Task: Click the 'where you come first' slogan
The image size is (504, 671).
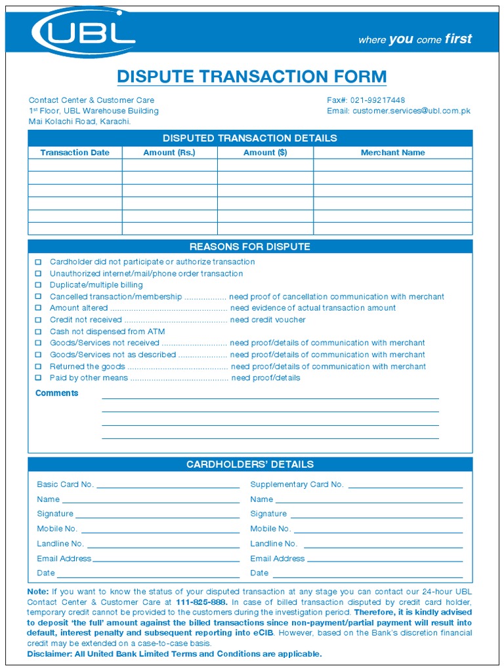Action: pyautogui.click(x=415, y=39)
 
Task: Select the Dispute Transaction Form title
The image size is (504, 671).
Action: pyautogui.click(x=251, y=77)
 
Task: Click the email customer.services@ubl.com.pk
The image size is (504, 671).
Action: pyautogui.click(x=411, y=111)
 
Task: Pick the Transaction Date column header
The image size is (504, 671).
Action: pyautogui.click(x=75, y=153)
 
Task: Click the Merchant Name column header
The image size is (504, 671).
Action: pyautogui.click(x=392, y=153)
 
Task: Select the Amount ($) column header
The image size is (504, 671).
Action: pyautogui.click(x=265, y=153)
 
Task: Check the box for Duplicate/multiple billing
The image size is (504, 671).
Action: pyautogui.click(x=38, y=286)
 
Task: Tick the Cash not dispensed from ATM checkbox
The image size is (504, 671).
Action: pyautogui.click(x=38, y=332)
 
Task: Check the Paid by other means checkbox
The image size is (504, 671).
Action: pyautogui.click(x=38, y=378)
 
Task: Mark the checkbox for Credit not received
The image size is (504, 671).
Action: pyautogui.click(x=38, y=320)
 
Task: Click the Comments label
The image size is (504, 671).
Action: pyautogui.click(x=56, y=393)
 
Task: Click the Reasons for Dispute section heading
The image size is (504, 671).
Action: pyautogui.click(x=249, y=247)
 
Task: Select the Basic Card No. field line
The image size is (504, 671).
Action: pyautogui.click(x=168, y=487)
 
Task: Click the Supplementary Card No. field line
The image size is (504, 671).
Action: pyautogui.click(x=405, y=487)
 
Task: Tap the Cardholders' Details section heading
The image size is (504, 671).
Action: pyautogui.click(x=249, y=465)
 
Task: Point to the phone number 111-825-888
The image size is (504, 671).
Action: pyautogui.click(x=201, y=602)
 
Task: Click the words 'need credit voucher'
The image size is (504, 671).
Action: pyautogui.click(x=268, y=320)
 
